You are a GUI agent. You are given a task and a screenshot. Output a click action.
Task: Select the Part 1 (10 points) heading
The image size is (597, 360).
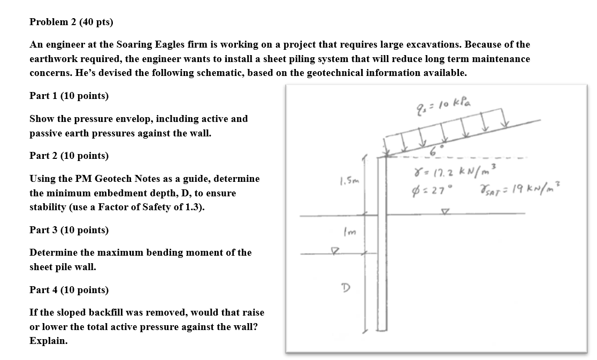(69, 96)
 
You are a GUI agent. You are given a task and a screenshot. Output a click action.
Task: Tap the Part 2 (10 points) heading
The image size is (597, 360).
(69, 156)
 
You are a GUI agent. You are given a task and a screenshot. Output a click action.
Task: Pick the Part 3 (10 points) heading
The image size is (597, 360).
(69, 230)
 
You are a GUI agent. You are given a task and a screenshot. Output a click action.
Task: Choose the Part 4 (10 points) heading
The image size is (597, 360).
(69, 290)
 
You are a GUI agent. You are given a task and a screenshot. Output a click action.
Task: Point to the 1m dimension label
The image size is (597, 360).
(345, 232)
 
